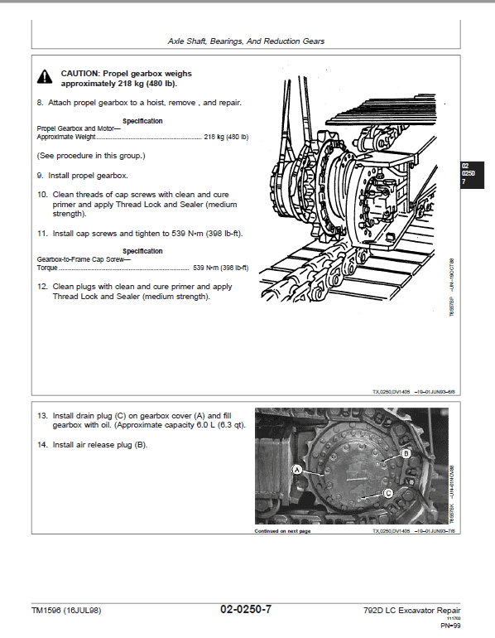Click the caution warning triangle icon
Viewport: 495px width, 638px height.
(43, 77)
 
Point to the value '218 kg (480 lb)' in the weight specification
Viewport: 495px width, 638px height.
(226, 136)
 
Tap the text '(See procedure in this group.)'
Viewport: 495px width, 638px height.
(91, 155)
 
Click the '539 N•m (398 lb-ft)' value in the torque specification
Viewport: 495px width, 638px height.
(220, 268)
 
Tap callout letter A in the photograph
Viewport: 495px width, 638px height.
(295, 469)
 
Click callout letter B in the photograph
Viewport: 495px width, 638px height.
(406, 454)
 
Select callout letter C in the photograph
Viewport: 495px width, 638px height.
(387, 493)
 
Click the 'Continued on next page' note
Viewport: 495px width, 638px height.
(281, 531)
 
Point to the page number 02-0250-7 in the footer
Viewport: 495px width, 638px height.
(245, 610)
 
